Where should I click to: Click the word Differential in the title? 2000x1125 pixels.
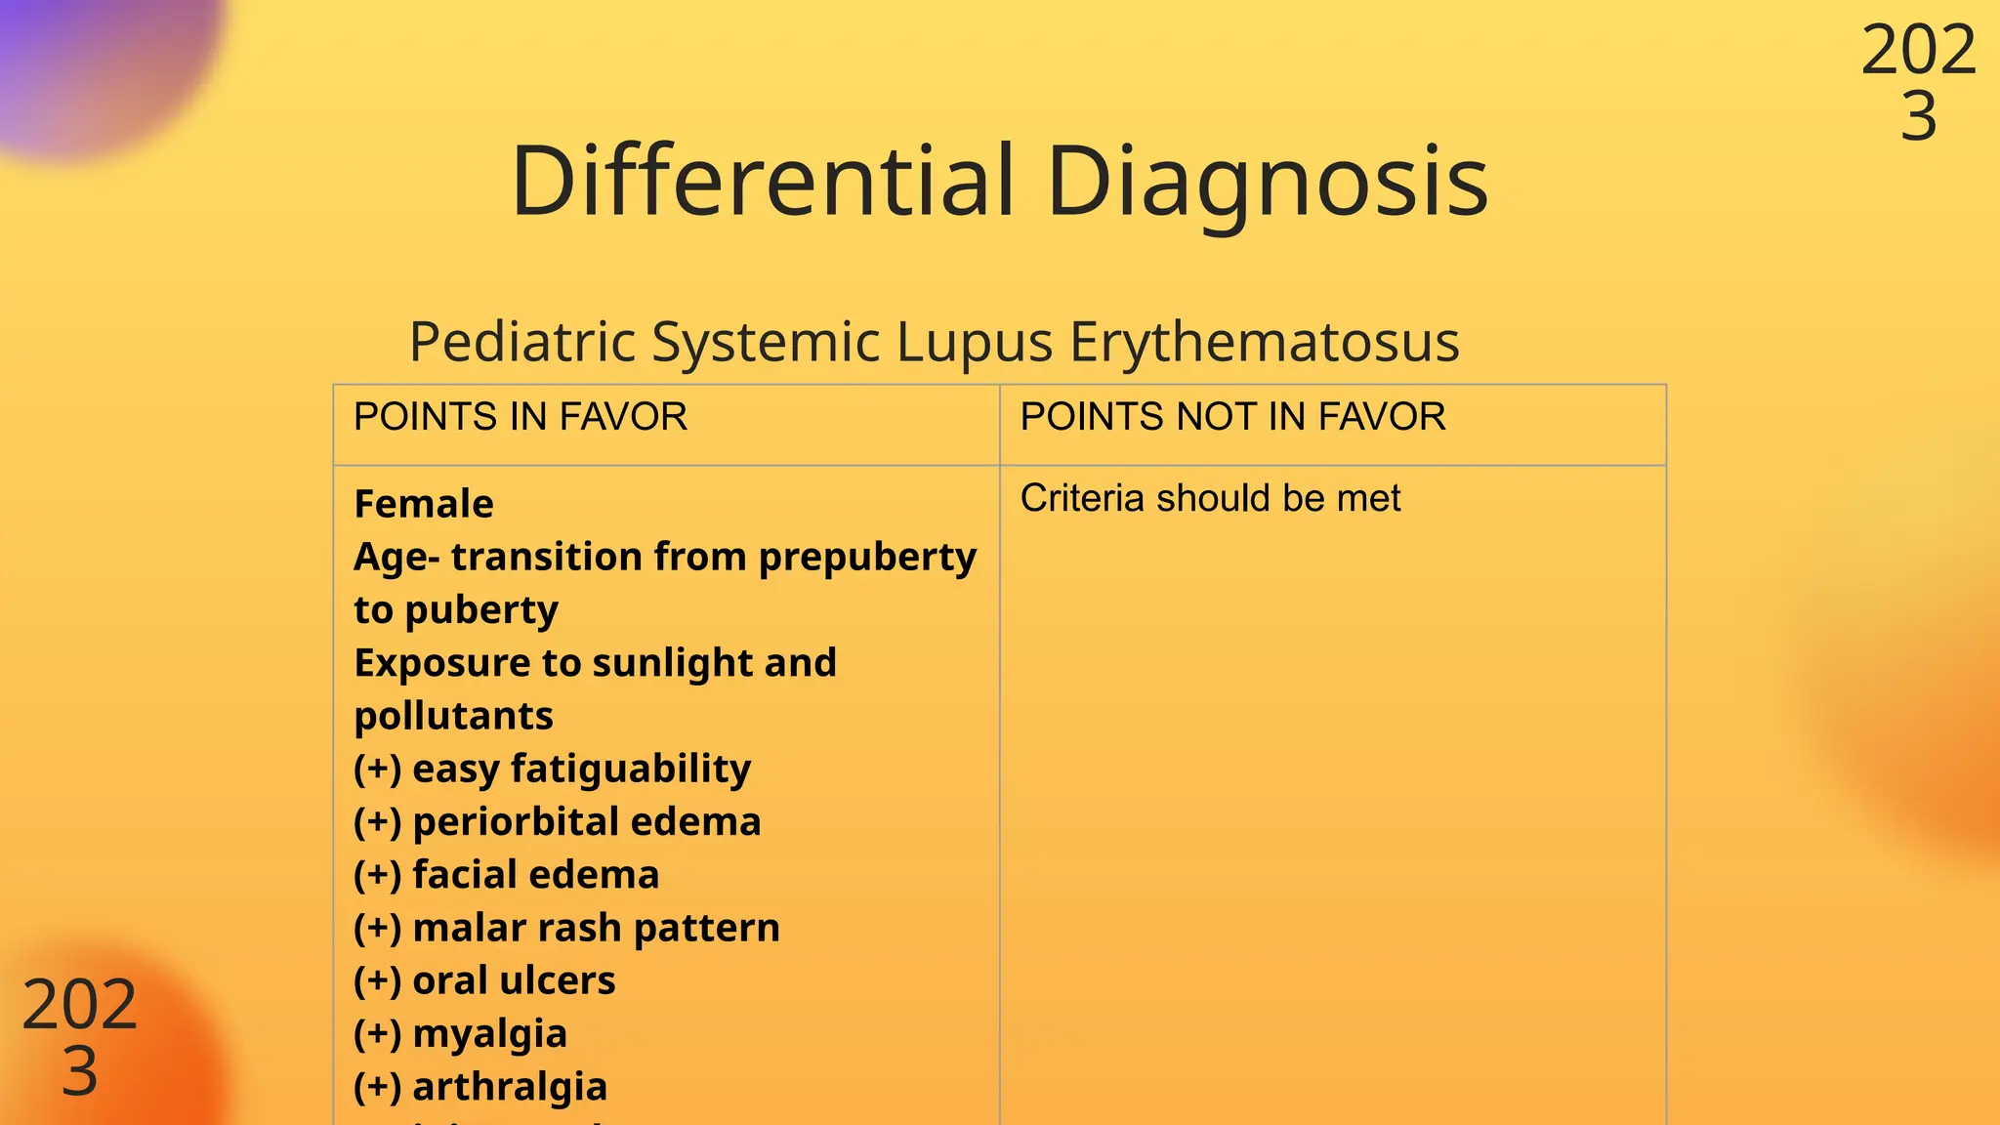tap(763, 181)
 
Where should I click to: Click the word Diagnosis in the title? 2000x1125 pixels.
tap(1267, 183)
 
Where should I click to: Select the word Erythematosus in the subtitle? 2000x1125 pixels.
tap(1264, 343)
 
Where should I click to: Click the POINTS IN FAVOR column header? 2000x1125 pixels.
tap(520, 417)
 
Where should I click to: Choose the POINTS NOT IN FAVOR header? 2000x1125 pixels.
tap(1232, 417)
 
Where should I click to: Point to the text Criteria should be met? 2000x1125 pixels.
tap(1210, 498)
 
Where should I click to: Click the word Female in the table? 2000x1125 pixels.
tap(424, 504)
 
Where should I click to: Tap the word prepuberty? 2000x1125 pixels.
tap(867, 558)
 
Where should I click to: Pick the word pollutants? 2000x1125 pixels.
tap(453, 716)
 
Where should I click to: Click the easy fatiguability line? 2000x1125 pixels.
tap(552, 770)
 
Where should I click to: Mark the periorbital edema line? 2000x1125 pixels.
tap(557, 822)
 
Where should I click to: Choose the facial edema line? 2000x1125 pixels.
tap(506, 875)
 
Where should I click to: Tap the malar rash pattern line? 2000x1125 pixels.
tap(566, 928)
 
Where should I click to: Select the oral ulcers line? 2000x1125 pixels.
tap(484, 980)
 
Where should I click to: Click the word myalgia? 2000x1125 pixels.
tap(489, 1034)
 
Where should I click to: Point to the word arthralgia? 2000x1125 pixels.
tap(510, 1087)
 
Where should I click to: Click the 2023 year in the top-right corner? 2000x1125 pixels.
tap(1918, 83)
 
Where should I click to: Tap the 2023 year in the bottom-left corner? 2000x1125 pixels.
tap(79, 1037)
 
